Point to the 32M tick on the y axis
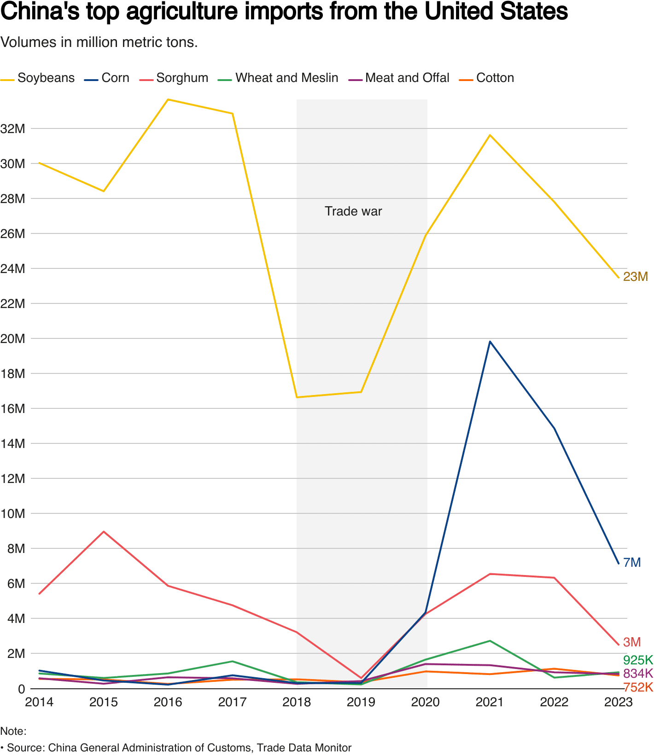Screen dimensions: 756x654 coord(12,128)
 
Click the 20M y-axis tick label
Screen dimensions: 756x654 coord(12,338)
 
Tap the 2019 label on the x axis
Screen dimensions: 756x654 coord(361,702)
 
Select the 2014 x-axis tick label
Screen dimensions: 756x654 coord(39,702)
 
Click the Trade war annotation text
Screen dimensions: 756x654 coord(353,211)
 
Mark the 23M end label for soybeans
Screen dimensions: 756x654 coord(635,276)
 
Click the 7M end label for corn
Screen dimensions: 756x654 coord(631,562)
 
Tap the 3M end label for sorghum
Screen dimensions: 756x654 coord(631,642)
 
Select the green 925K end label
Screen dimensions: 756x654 coord(637,660)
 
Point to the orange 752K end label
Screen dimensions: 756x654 coord(638,687)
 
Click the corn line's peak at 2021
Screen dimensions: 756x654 coord(490,342)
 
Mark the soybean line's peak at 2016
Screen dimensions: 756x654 coord(168,99)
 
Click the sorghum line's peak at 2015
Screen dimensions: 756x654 coord(104,531)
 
